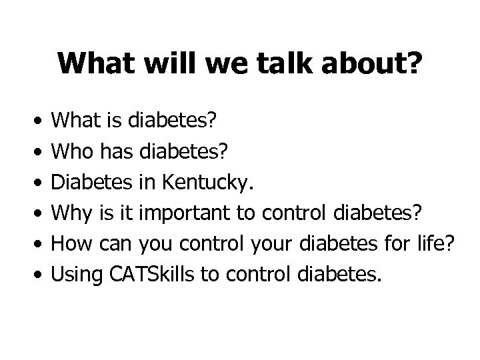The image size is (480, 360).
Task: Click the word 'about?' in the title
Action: (x=374, y=64)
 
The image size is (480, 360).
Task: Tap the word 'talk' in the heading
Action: (x=293, y=64)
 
